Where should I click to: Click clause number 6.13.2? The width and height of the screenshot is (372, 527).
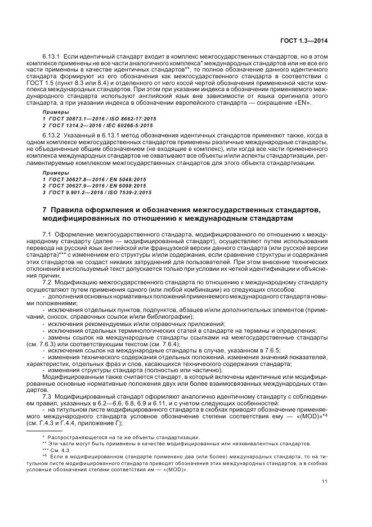click(52, 135)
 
